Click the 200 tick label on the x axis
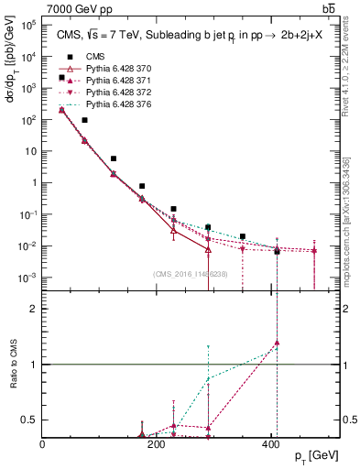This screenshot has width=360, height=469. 157,442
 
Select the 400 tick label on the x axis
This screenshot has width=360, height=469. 270,442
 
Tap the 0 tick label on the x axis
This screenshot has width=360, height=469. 43,442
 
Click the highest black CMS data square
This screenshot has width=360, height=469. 61,78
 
